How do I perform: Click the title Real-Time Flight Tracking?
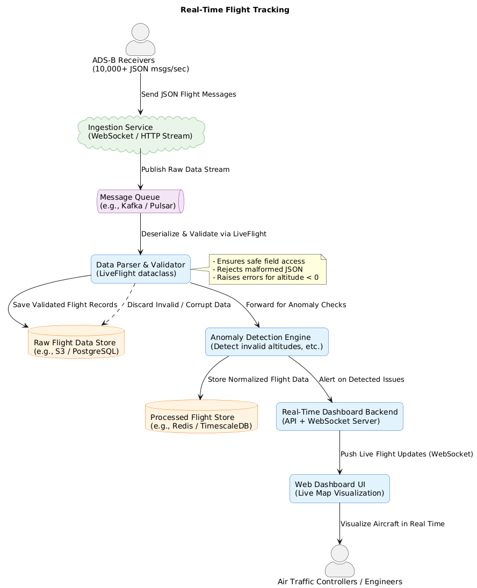pyautogui.click(x=235, y=10)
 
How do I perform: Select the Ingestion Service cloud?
pyautogui.click(x=141, y=132)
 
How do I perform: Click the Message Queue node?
pyautogui.click(x=141, y=201)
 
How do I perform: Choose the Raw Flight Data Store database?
pyautogui.click(x=76, y=342)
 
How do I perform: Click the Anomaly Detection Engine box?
pyautogui.click(x=266, y=342)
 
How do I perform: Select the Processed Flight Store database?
pyautogui.click(x=201, y=417)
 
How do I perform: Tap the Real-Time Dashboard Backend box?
pyautogui.click(x=339, y=416)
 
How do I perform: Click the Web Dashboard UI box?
pyautogui.click(x=339, y=489)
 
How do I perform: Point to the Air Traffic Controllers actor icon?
pyautogui.click(x=339, y=561)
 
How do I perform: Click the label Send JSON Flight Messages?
pyautogui.click(x=189, y=95)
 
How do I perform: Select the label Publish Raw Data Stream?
pyautogui.click(x=185, y=170)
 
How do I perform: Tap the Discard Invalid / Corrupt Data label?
pyautogui.click(x=179, y=305)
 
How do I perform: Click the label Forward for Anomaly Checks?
pyautogui.click(x=296, y=305)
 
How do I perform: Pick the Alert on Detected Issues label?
pyautogui.click(x=362, y=380)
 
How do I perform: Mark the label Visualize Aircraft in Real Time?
pyautogui.click(x=393, y=524)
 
